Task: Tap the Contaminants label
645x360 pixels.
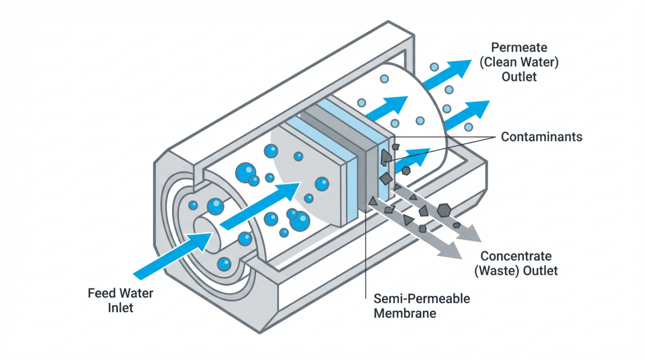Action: pos(541,137)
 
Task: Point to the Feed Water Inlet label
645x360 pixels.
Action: pos(121,300)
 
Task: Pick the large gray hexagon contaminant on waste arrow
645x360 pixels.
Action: pos(444,210)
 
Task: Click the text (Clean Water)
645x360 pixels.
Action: pos(518,63)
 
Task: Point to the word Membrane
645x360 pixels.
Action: pos(405,313)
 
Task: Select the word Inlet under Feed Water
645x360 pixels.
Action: pos(121,308)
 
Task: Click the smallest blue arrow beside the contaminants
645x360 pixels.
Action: pos(415,155)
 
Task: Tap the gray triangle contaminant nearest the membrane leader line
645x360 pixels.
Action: pos(373,201)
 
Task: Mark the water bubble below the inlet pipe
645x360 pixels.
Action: pos(224,263)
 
